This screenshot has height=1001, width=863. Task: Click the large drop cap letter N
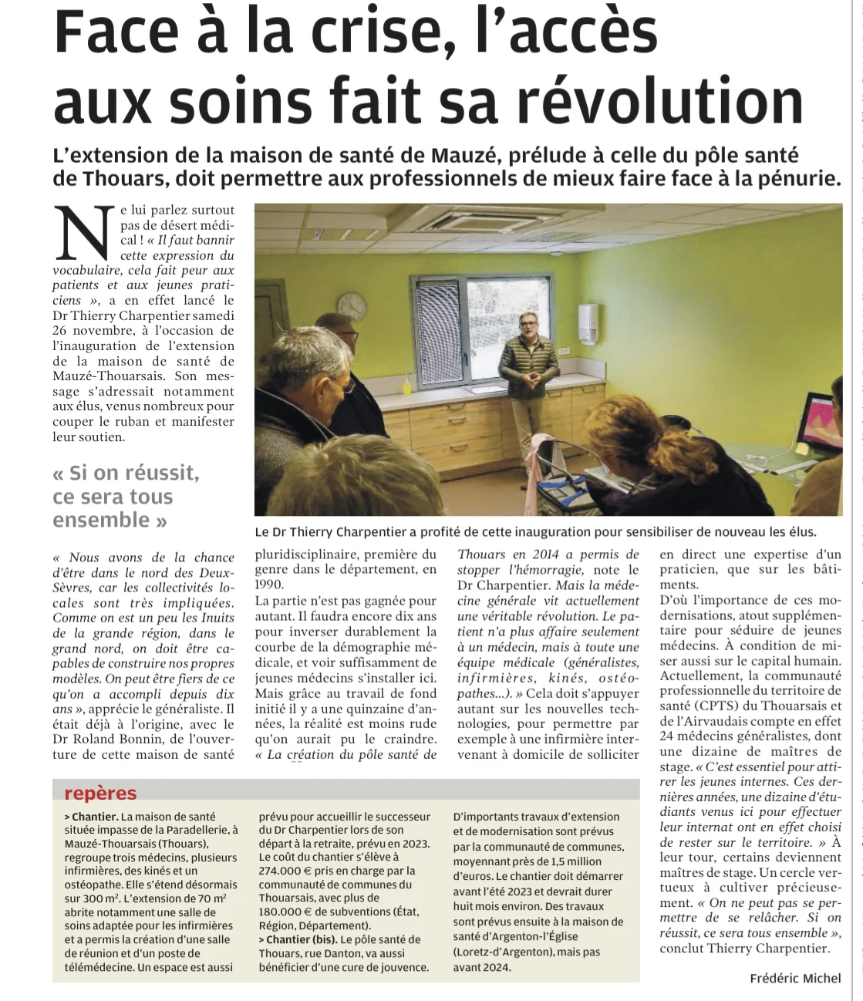click(x=84, y=234)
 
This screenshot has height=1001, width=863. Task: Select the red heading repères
click(x=100, y=794)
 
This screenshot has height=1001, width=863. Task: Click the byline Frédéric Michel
click(x=795, y=978)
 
